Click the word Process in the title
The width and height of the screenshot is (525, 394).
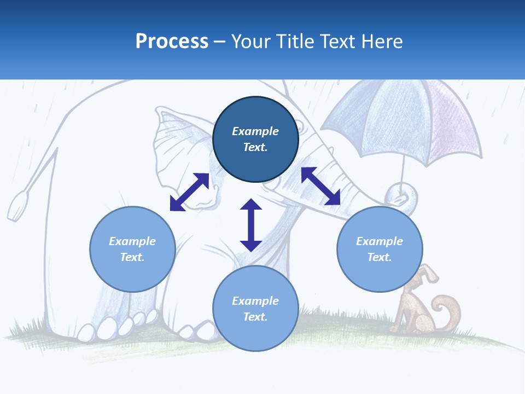172,42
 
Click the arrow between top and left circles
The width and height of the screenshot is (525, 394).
189,192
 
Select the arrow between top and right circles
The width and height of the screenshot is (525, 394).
320,186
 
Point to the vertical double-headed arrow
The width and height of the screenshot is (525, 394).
251,225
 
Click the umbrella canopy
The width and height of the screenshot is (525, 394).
405,118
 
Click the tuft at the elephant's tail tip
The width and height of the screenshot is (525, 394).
17,205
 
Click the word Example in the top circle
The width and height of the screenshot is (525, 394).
255,131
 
